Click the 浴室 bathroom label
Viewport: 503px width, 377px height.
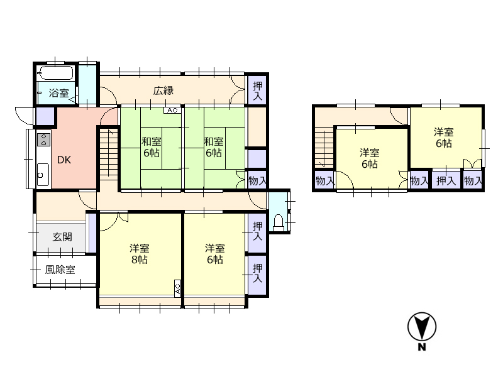point(58,93)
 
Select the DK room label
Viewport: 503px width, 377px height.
point(64,160)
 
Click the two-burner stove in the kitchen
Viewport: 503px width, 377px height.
point(44,139)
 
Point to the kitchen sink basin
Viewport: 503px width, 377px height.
point(43,175)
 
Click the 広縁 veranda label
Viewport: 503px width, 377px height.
point(163,90)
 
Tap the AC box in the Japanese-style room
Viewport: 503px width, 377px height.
point(172,111)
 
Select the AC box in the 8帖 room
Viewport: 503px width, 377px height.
point(178,288)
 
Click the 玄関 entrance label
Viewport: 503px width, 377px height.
point(62,237)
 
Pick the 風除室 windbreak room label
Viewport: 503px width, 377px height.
point(60,270)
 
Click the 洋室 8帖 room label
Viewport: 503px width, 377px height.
point(139,254)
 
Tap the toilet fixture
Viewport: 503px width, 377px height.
point(278,222)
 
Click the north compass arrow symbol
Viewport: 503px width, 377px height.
point(422,327)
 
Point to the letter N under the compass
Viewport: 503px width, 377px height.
point(422,347)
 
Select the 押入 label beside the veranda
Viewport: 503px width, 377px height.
point(257,90)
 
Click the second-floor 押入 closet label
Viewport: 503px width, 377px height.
point(446,181)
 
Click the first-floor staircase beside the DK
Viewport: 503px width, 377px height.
point(109,153)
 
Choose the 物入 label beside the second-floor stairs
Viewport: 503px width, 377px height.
point(325,181)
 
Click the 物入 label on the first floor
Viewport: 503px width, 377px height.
point(257,181)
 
